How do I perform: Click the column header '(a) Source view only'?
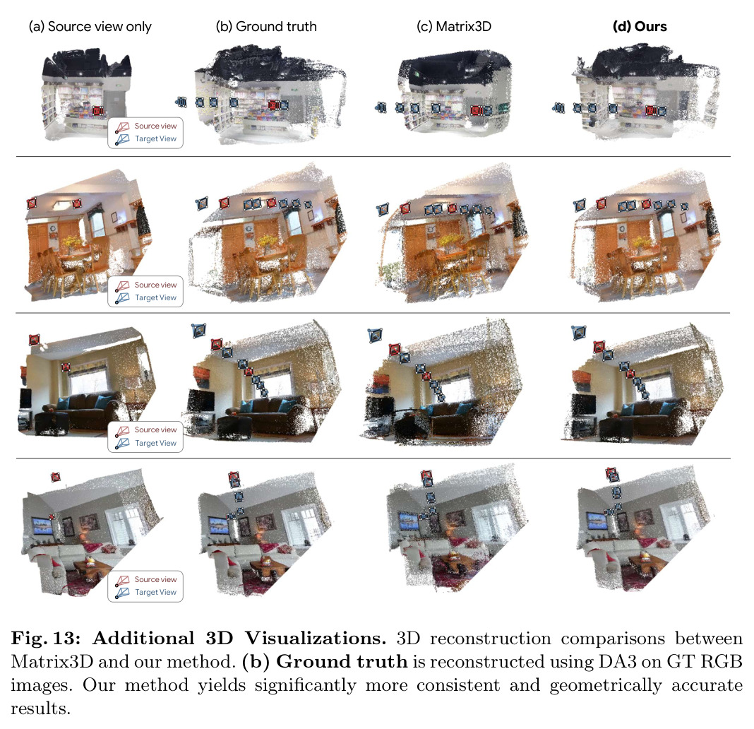[x=90, y=26]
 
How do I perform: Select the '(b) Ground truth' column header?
[x=266, y=26]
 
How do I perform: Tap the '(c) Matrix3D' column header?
[x=454, y=26]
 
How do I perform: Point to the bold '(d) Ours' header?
[x=640, y=26]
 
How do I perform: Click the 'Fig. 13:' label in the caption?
[x=46, y=638]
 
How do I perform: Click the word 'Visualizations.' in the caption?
[x=316, y=638]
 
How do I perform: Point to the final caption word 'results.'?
[x=40, y=709]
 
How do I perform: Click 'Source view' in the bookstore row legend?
[x=155, y=126]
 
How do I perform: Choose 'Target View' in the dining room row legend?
[x=155, y=297]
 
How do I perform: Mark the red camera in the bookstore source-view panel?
[x=97, y=111]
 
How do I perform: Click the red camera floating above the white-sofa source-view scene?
[x=55, y=477]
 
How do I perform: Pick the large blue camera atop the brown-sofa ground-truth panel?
[x=198, y=331]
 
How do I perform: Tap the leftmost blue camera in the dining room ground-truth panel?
[x=202, y=203]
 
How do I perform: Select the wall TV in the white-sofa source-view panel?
[x=42, y=524]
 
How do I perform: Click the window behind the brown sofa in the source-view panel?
[x=89, y=377]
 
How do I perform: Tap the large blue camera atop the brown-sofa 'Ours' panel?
[x=579, y=333]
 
